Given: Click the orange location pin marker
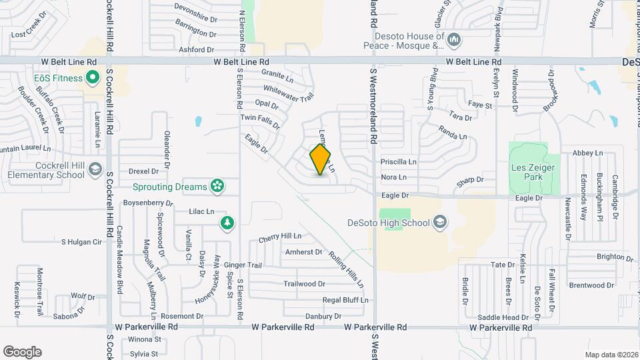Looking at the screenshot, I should [321, 160].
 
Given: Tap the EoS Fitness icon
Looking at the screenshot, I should [93, 78].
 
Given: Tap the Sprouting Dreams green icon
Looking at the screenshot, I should [217, 187].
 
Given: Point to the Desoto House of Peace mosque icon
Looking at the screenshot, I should [454, 40].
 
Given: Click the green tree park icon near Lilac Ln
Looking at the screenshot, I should [228, 223].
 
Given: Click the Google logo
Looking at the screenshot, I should [22, 351].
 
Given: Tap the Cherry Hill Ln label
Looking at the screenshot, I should [280, 236].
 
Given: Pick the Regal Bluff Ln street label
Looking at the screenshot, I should [345, 300].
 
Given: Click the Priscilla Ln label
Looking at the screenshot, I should [398, 162].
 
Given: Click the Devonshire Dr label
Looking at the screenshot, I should [195, 7].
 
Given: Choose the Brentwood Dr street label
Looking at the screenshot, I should [591, 285].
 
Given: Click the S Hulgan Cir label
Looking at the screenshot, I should [81, 242].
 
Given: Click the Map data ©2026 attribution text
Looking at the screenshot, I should [611, 355].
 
